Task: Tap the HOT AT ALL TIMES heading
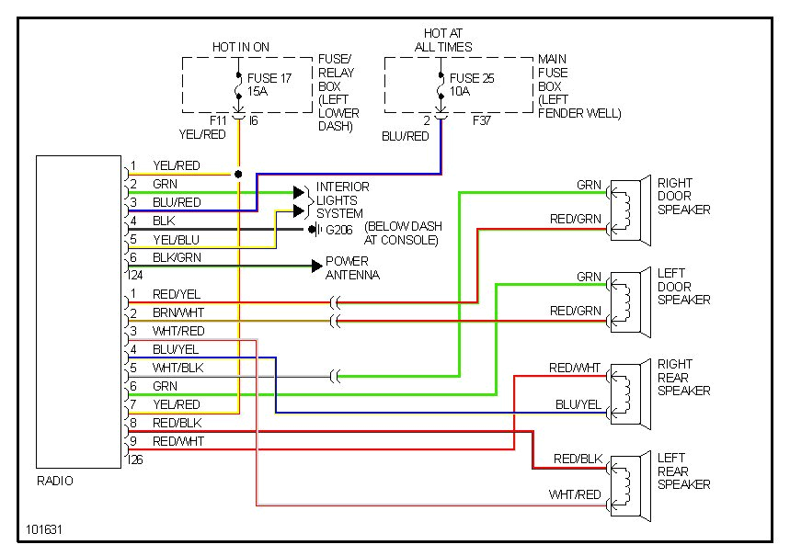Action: point(442,40)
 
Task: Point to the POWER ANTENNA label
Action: point(352,267)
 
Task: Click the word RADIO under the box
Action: point(55,481)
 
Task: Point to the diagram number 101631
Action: point(45,530)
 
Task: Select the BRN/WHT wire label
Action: point(177,312)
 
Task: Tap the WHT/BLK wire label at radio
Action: point(177,368)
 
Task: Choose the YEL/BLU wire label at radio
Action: point(176,239)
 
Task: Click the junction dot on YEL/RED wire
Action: point(238,173)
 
